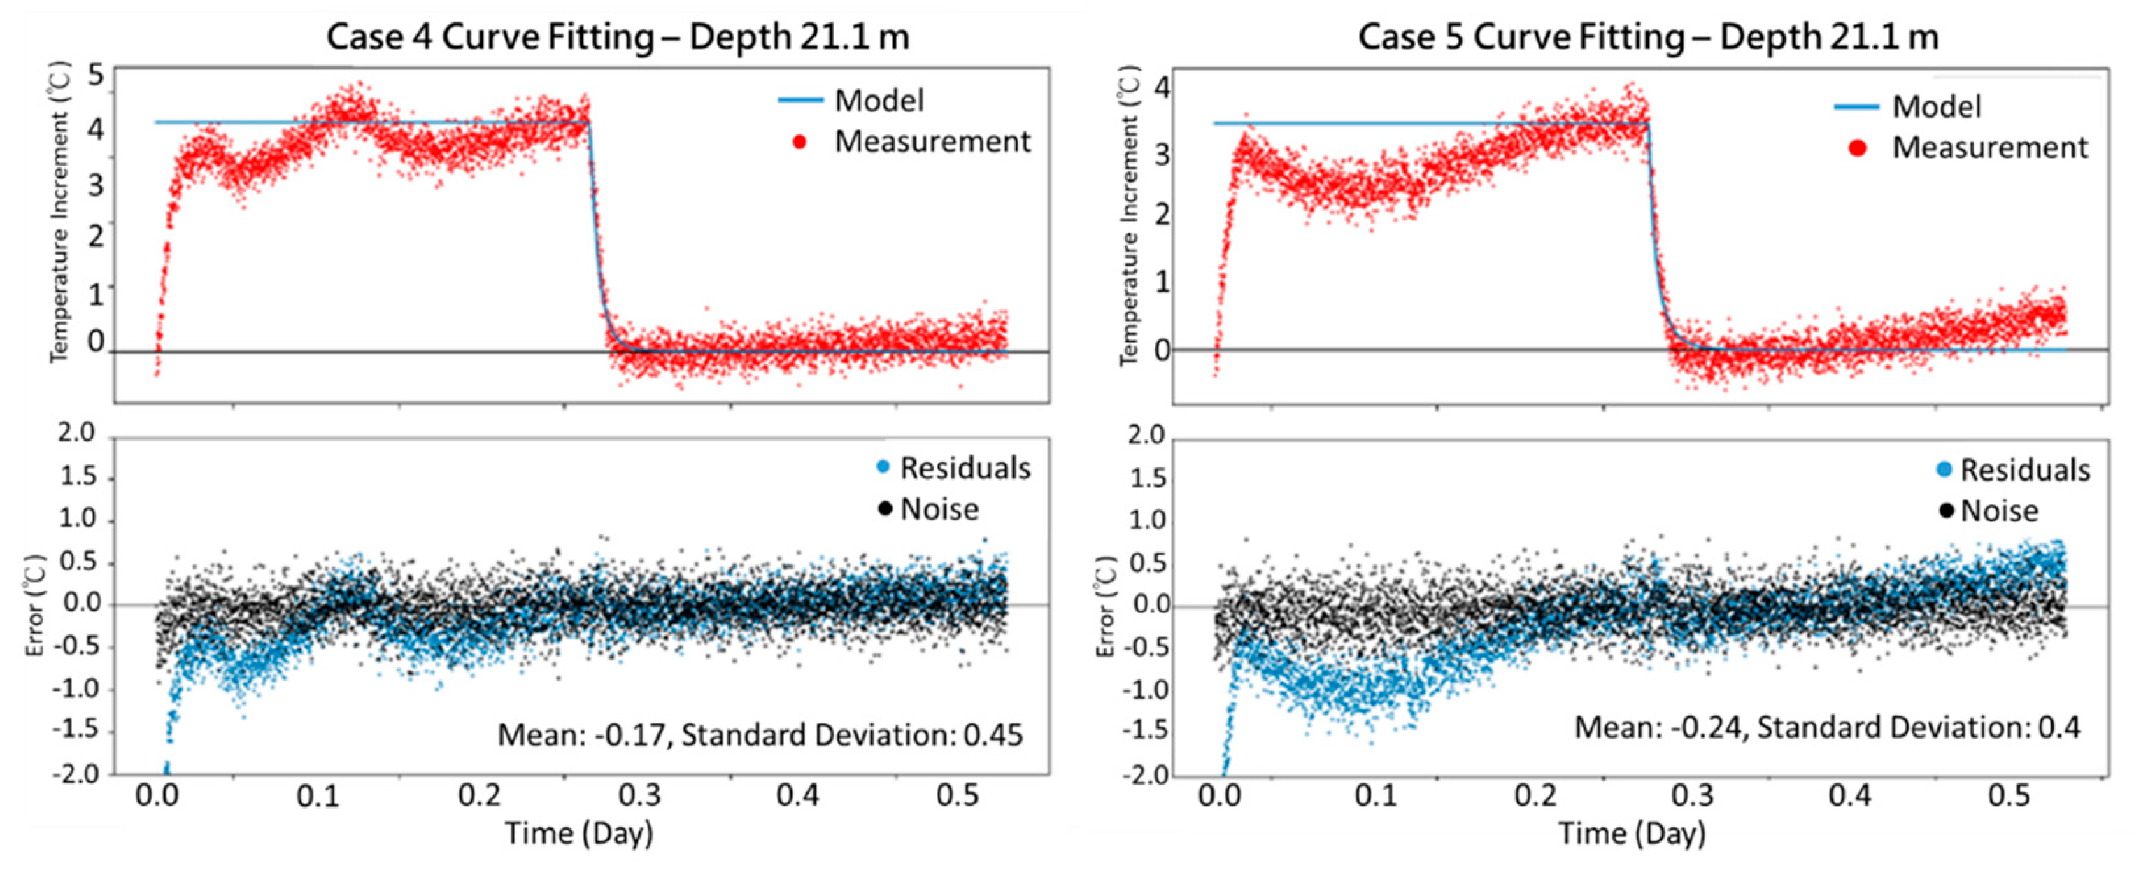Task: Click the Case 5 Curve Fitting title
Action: (x=1649, y=37)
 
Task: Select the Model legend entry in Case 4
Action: (x=878, y=100)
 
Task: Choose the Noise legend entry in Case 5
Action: (x=1998, y=511)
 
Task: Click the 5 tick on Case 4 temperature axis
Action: (x=96, y=76)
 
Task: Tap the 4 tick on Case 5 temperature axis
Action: (x=1162, y=87)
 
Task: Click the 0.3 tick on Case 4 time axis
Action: (x=639, y=796)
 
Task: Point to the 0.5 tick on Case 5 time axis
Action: (x=2009, y=796)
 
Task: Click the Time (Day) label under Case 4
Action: (x=579, y=834)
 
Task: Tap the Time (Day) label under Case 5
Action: (x=1632, y=834)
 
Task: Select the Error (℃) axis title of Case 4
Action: (x=35, y=605)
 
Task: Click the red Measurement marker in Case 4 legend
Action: (x=799, y=142)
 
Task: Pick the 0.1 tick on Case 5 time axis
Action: (x=1376, y=796)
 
